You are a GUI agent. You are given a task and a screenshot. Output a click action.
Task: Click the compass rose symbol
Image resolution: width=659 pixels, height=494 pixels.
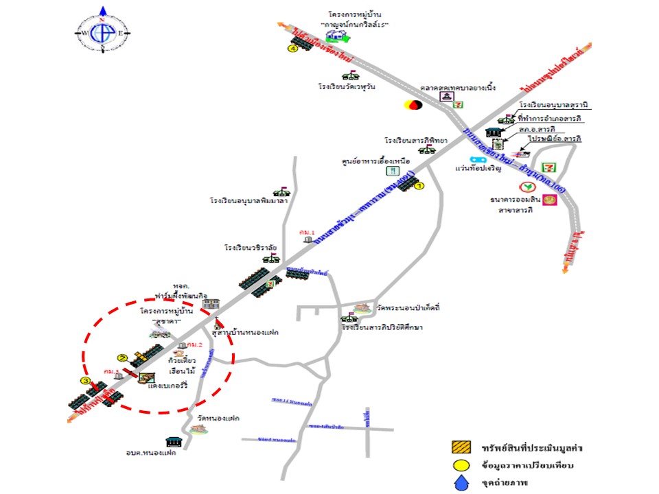(x=104, y=34)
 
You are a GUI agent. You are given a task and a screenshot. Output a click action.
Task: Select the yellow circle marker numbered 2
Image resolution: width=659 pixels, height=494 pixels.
(x=122, y=357)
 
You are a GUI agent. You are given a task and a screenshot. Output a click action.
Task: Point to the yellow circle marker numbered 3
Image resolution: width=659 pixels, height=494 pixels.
(x=85, y=381)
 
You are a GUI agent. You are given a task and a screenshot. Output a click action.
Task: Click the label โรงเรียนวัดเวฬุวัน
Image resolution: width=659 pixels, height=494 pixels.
(x=347, y=87)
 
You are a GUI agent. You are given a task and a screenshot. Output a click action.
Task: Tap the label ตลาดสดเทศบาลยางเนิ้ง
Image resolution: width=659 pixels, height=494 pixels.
(x=458, y=89)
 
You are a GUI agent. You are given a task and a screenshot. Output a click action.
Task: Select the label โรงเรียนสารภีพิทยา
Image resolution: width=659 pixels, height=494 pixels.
(x=416, y=141)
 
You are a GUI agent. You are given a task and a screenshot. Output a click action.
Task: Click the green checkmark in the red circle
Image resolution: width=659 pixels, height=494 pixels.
(x=527, y=187)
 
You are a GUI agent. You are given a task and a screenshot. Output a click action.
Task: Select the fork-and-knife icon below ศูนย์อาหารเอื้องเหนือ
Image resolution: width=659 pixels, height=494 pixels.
(x=391, y=171)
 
